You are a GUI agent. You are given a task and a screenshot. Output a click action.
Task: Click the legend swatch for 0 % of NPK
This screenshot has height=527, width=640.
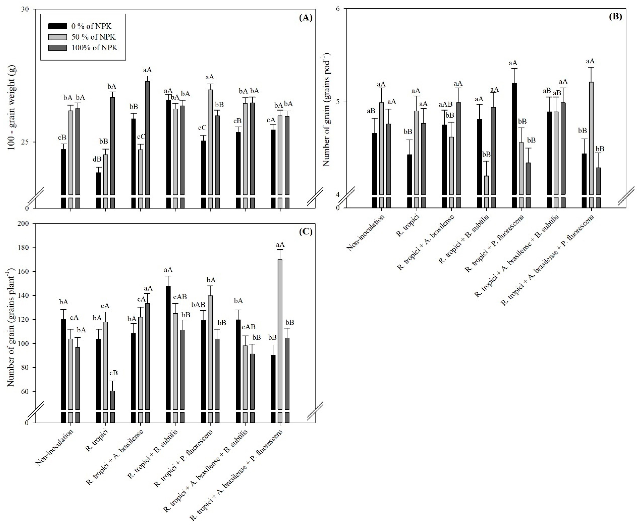coord(58,26)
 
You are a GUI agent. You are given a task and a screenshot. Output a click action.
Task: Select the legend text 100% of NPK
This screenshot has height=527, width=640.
coord(94,48)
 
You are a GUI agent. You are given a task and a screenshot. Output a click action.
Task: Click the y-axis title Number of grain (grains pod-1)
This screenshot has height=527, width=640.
coord(326,110)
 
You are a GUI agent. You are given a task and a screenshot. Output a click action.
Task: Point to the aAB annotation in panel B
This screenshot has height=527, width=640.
coord(445,105)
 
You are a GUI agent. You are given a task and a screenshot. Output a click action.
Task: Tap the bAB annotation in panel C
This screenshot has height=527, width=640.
coord(198,305)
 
